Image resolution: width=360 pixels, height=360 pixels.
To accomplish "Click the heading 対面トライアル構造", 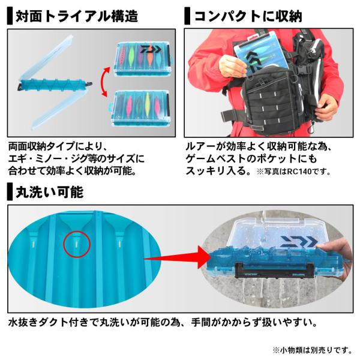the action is (x=77, y=16).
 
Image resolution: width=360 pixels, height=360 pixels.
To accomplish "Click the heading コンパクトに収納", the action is (x=248, y=16).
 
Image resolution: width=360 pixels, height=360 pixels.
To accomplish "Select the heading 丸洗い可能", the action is (x=49, y=192).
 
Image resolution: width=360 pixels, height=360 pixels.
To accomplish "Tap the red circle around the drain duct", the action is (x=77, y=244).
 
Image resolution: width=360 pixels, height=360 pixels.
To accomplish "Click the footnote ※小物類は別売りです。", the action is (x=312, y=350).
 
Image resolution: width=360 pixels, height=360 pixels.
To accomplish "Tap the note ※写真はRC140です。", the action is (x=293, y=172).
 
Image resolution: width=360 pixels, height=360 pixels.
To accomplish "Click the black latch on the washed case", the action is (x=274, y=271).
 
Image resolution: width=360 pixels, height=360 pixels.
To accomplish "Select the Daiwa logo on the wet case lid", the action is (x=299, y=242).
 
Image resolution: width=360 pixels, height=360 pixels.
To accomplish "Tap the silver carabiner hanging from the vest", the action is (x=311, y=130).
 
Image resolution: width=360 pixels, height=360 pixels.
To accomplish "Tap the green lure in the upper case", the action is (x=131, y=55).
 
